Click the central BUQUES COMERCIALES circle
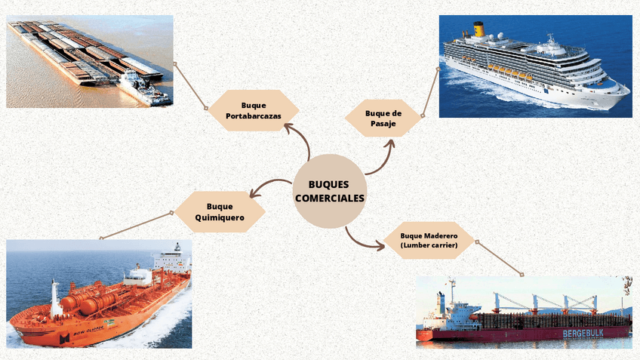pos(329,191)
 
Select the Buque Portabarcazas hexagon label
pos(254,111)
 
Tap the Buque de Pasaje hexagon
pos(383,118)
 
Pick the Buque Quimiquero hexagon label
pos(220,211)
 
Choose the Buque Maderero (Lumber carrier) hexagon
pos(429,240)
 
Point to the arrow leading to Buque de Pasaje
pos(381,158)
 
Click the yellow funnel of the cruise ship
pos(478,29)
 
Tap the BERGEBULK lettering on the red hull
pos(589,333)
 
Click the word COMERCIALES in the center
pos(329,198)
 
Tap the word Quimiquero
pos(220,217)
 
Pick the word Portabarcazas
pos(254,117)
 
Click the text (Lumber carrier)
pos(429,245)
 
